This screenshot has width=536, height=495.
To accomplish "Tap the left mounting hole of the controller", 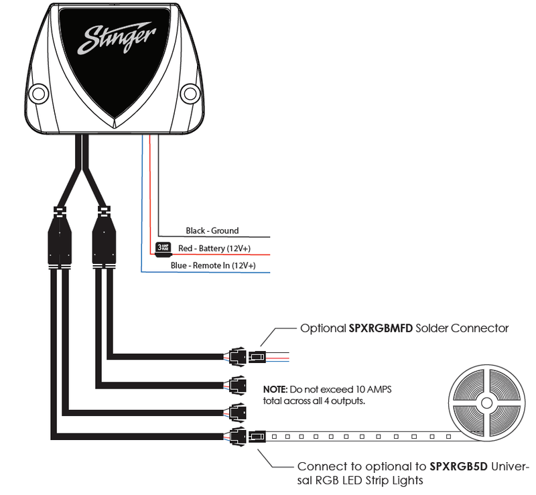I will click(x=39, y=92).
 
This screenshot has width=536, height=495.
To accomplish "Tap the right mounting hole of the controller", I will click(x=191, y=92).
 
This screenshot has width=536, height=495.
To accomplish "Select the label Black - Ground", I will click(x=212, y=231).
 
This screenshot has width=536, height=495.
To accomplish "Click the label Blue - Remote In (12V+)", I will click(x=213, y=266).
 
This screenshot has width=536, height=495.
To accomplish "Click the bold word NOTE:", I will click(x=275, y=388).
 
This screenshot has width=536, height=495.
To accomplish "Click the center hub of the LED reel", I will click(x=484, y=405).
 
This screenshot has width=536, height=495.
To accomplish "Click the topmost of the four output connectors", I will click(x=237, y=357).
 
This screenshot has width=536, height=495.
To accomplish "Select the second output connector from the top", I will click(x=237, y=384).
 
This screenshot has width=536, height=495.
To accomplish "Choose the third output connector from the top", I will click(x=237, y=410).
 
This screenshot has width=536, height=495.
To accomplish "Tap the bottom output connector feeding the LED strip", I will click(x=237, y=437).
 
